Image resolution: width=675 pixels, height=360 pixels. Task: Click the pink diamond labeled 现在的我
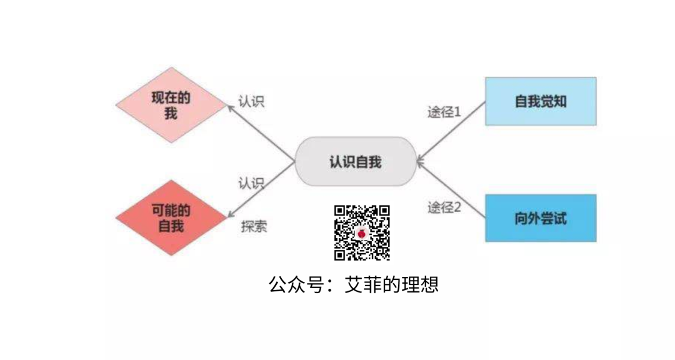pos(171,105)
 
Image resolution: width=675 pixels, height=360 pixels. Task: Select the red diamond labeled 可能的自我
pos(171,217)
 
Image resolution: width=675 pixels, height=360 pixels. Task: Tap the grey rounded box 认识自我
pos(355,162)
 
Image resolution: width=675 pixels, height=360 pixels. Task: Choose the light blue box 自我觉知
pos(541,101)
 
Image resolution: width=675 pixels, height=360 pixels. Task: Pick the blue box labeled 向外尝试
pos(541,218)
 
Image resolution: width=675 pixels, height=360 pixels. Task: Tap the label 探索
pos(254,226)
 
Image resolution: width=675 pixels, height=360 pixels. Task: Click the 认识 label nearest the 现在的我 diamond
pos(251,101)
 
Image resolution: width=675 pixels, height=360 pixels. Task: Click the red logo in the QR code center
pos(362,232)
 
